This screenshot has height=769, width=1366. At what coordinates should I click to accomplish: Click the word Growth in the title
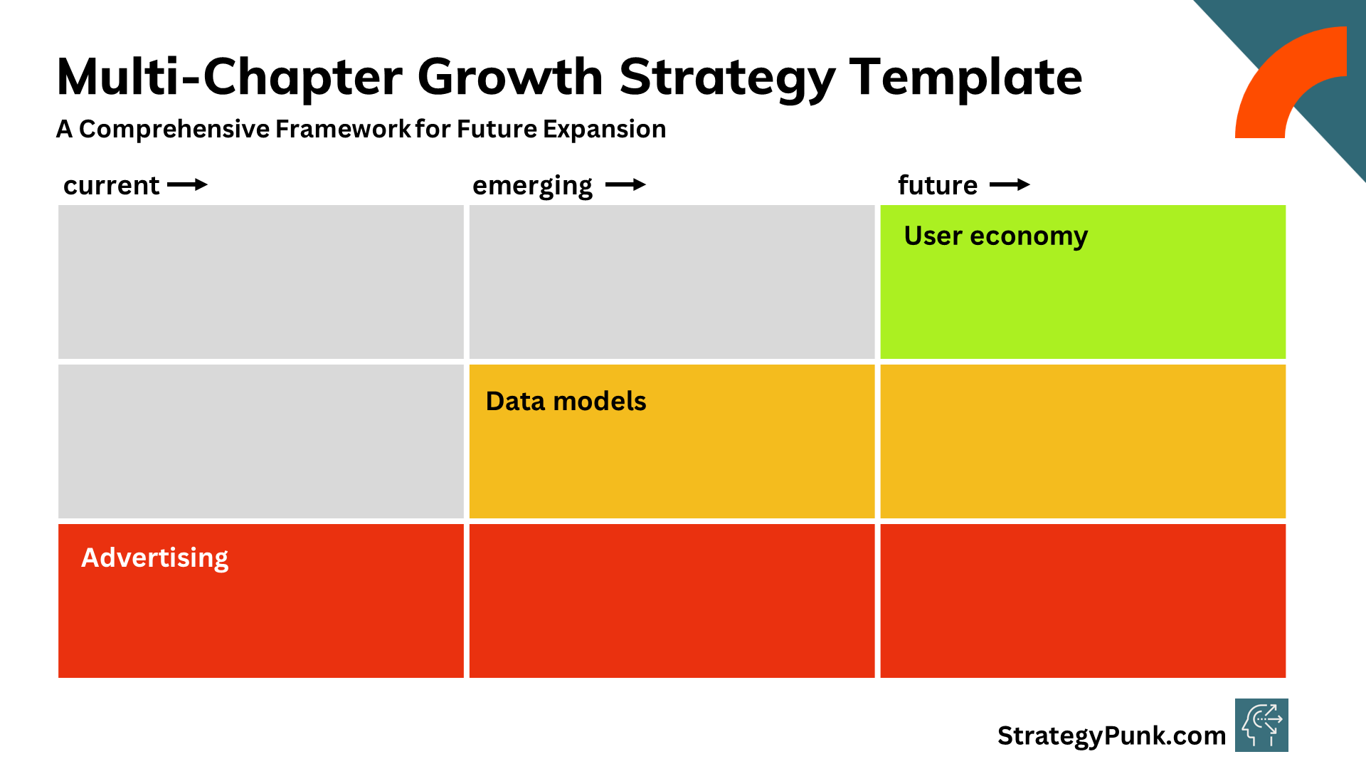510,77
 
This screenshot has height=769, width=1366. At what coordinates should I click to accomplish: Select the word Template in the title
965,77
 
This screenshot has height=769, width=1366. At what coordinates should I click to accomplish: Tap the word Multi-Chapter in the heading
229,77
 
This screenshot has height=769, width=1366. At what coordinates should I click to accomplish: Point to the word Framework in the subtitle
343,129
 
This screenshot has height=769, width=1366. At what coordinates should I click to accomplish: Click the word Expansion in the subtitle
604,130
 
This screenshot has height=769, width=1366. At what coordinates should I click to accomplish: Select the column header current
111,185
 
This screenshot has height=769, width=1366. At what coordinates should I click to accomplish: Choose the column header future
938,185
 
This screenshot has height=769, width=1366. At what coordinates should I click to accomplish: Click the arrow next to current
188,185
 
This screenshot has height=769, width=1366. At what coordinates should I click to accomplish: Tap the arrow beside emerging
626,185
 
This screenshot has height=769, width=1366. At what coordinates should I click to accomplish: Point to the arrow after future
1010,185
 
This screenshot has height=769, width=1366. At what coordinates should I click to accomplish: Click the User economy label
996,236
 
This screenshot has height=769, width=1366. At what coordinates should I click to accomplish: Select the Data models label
566,401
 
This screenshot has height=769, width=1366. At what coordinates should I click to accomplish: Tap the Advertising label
155,558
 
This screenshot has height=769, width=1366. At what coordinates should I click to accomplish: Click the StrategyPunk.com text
1111,736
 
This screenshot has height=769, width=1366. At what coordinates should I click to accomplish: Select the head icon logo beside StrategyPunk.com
1261,726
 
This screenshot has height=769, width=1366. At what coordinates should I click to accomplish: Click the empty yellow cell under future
1083,441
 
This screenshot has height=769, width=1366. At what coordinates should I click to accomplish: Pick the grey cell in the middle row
261,441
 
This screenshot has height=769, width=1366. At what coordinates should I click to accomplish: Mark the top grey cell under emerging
672,282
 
